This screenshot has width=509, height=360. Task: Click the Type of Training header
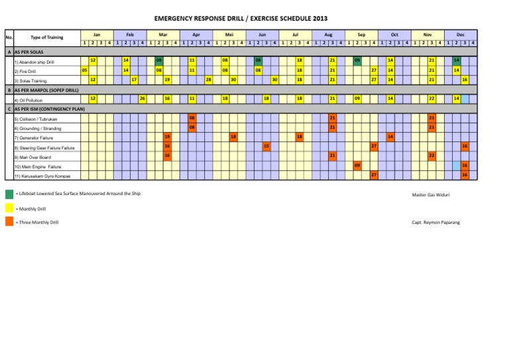coord(47,37)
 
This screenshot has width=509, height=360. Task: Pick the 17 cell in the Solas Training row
coord(134,80)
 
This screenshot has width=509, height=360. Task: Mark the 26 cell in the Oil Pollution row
coord(142,98)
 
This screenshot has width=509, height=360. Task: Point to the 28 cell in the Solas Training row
coord(209,80)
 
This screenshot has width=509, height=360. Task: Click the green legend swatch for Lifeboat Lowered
coord(9,195)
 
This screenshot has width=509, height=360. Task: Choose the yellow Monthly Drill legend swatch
coord(9,208)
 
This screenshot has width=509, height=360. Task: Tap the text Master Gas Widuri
coord(432,196)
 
